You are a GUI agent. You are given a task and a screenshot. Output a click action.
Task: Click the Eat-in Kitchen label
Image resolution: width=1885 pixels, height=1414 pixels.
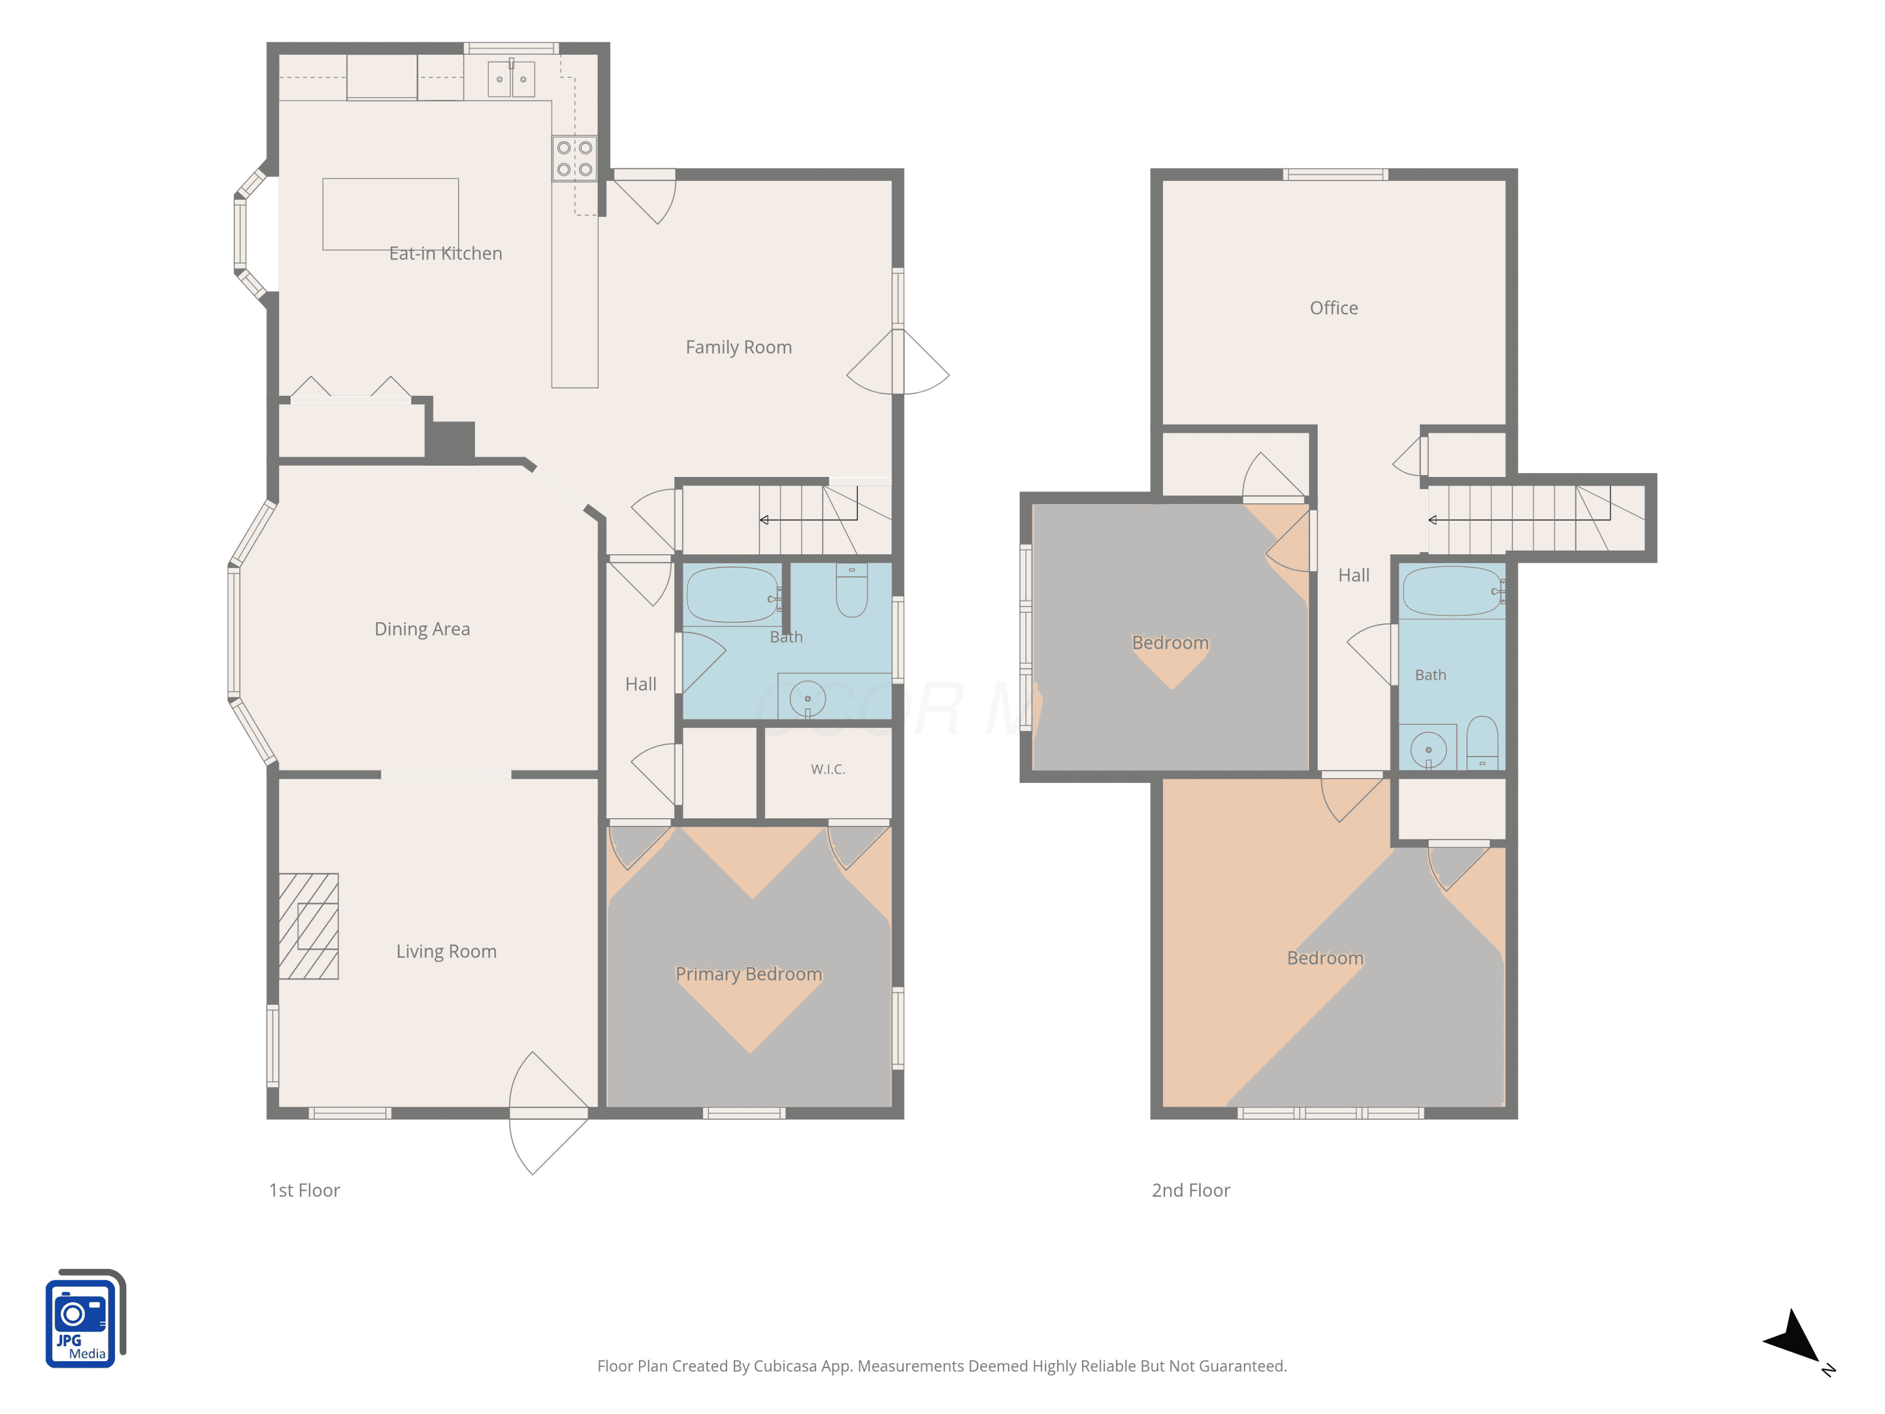pos(445,253)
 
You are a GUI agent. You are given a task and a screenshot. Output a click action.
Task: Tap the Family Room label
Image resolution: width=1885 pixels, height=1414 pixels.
pos(739,347)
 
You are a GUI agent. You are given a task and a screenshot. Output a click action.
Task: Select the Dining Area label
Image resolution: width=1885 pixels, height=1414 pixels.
pos(422,629)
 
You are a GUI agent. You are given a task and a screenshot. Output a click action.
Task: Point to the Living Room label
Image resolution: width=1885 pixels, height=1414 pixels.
pos(445,951)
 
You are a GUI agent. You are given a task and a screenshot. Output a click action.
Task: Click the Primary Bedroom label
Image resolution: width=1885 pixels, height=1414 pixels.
pos(749,974)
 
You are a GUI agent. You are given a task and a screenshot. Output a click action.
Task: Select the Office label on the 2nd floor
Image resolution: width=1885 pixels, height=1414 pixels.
pos(1334,308)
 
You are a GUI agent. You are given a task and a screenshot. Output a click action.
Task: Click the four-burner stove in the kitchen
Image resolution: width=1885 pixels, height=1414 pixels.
pos(574,158)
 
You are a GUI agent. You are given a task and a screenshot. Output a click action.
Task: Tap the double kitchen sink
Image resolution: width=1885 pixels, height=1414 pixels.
pos(511,79)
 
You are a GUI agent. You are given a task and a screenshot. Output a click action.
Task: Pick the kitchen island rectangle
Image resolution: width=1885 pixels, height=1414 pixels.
pos(390,214)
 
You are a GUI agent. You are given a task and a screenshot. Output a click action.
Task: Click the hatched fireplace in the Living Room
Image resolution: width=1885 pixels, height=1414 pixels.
pos(309,926)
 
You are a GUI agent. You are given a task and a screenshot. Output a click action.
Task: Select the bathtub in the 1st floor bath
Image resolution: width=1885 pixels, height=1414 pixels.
pos(732,595)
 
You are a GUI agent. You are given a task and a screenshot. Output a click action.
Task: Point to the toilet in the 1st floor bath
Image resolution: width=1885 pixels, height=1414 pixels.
pos(851,590)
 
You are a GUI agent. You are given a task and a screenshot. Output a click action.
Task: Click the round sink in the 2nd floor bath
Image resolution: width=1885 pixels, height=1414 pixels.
pos(1428,750)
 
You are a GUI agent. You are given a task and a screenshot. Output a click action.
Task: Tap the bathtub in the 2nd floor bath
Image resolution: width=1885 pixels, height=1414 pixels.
pos(1452,591)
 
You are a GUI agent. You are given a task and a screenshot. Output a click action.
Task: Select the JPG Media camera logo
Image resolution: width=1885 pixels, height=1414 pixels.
pos(85,1318)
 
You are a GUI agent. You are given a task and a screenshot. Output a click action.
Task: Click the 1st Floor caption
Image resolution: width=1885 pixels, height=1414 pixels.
pos(304,1191)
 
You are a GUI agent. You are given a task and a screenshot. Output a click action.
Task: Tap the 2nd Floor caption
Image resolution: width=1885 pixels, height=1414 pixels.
pos(1191,1191)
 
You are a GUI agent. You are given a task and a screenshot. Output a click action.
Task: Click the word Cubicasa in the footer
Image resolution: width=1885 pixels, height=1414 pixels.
pos(785,1366)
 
